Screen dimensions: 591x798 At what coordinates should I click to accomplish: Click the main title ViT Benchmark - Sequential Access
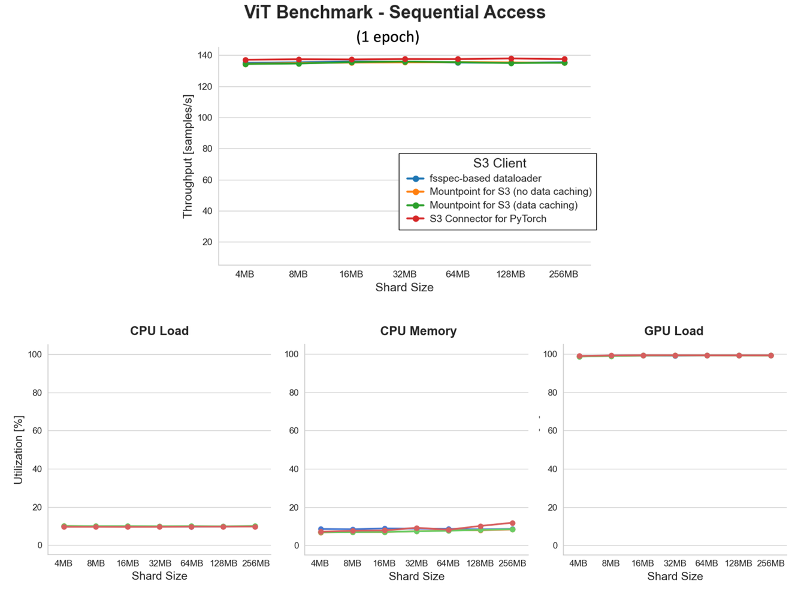point(394,12)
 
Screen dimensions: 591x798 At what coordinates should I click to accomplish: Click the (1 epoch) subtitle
point(388,37)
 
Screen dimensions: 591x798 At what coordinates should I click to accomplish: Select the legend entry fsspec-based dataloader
point(485,179)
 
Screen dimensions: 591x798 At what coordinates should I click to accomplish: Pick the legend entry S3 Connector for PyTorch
point(488,219)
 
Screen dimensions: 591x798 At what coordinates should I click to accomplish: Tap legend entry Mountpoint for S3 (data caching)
point(503,205)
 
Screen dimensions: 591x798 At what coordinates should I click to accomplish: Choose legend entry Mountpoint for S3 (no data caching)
point(510,192)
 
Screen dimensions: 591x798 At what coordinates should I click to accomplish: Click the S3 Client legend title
point(499,163)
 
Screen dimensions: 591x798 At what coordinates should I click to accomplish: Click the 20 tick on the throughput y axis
point(207,242)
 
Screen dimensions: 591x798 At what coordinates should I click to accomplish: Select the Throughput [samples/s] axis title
point(188,156)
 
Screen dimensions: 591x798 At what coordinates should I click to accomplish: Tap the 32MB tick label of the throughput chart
point(404,275)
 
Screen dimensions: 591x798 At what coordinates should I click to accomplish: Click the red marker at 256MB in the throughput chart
point(564,59)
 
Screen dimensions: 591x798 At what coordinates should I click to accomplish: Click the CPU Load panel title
point(159,331)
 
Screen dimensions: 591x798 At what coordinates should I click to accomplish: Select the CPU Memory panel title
point(418,331)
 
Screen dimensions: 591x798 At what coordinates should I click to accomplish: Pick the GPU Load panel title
point(673,331)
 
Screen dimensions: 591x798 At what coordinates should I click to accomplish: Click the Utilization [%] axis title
point(19,450)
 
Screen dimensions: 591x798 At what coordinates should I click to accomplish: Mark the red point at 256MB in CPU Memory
point(512,523)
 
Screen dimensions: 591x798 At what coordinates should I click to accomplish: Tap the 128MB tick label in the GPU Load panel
point(738,563)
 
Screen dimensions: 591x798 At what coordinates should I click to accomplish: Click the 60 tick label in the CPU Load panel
point(37,431)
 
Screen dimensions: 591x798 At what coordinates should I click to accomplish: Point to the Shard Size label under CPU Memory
point(416,577)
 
